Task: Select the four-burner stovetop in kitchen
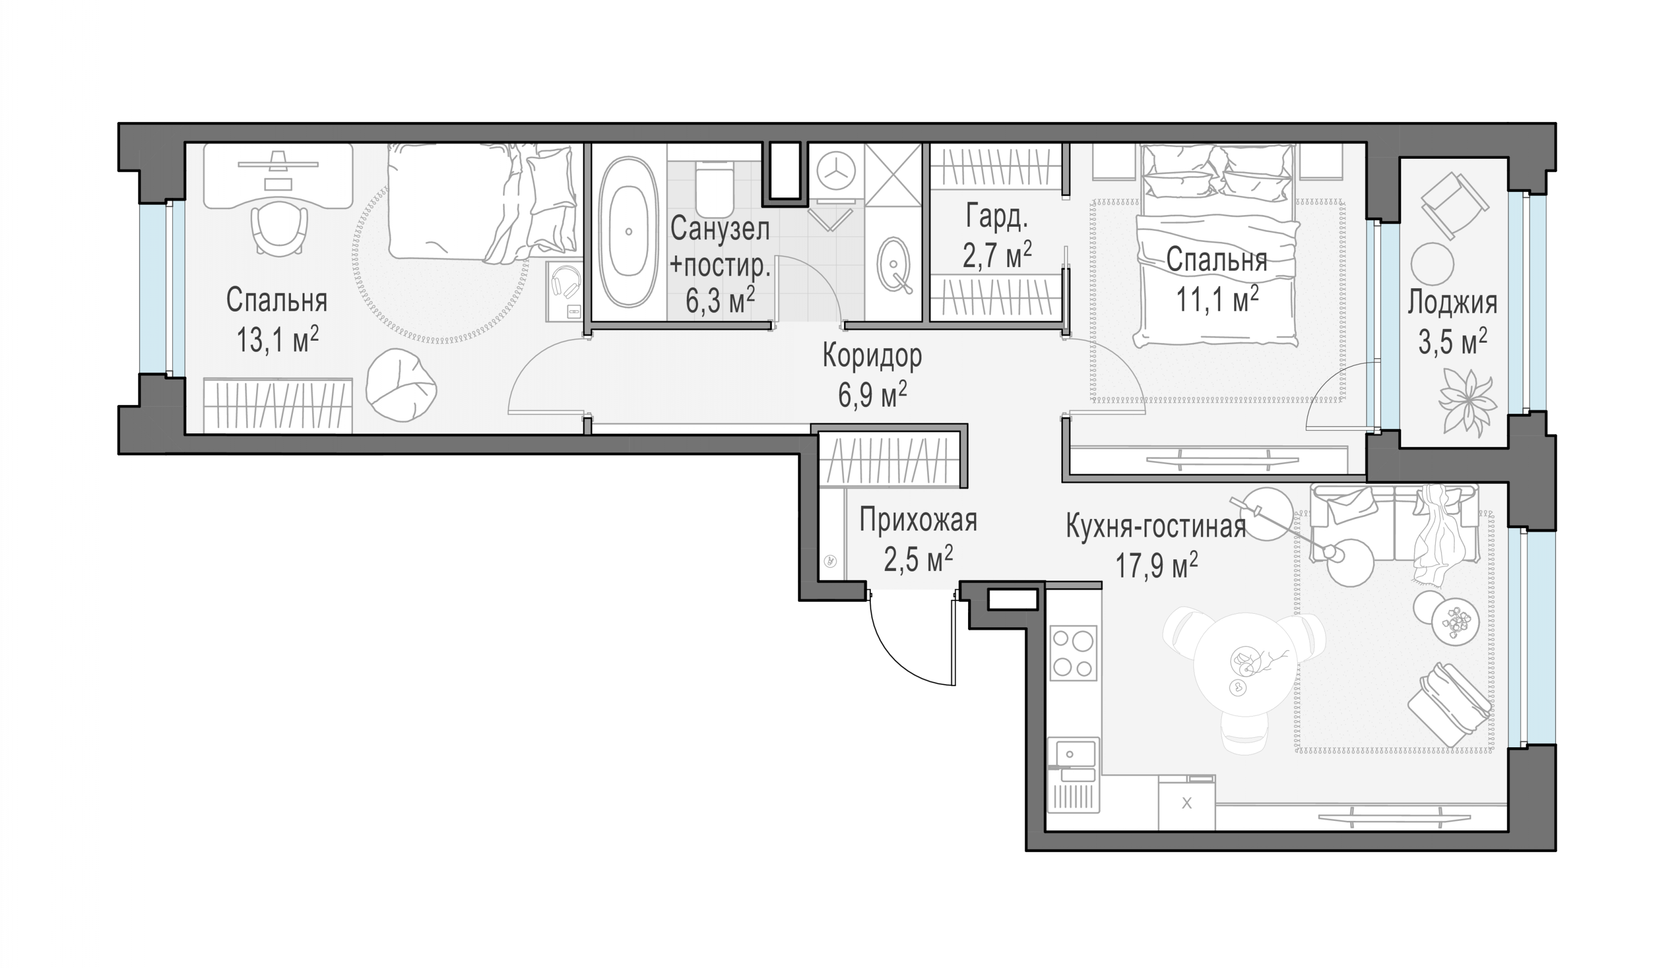pyautogui.click(x=1073, y=653)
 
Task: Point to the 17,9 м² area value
pyautogui.click(x=1156, y=566)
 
